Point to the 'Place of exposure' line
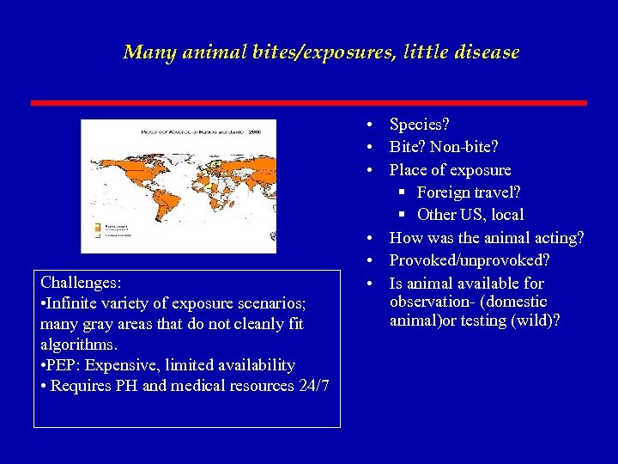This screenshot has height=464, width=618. tap(450, 170)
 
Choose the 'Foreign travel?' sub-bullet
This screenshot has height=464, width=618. tap(469, 192)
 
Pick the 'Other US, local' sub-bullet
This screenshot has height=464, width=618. tap(470, 215)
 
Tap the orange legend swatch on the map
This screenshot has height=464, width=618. tap(96, 227)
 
